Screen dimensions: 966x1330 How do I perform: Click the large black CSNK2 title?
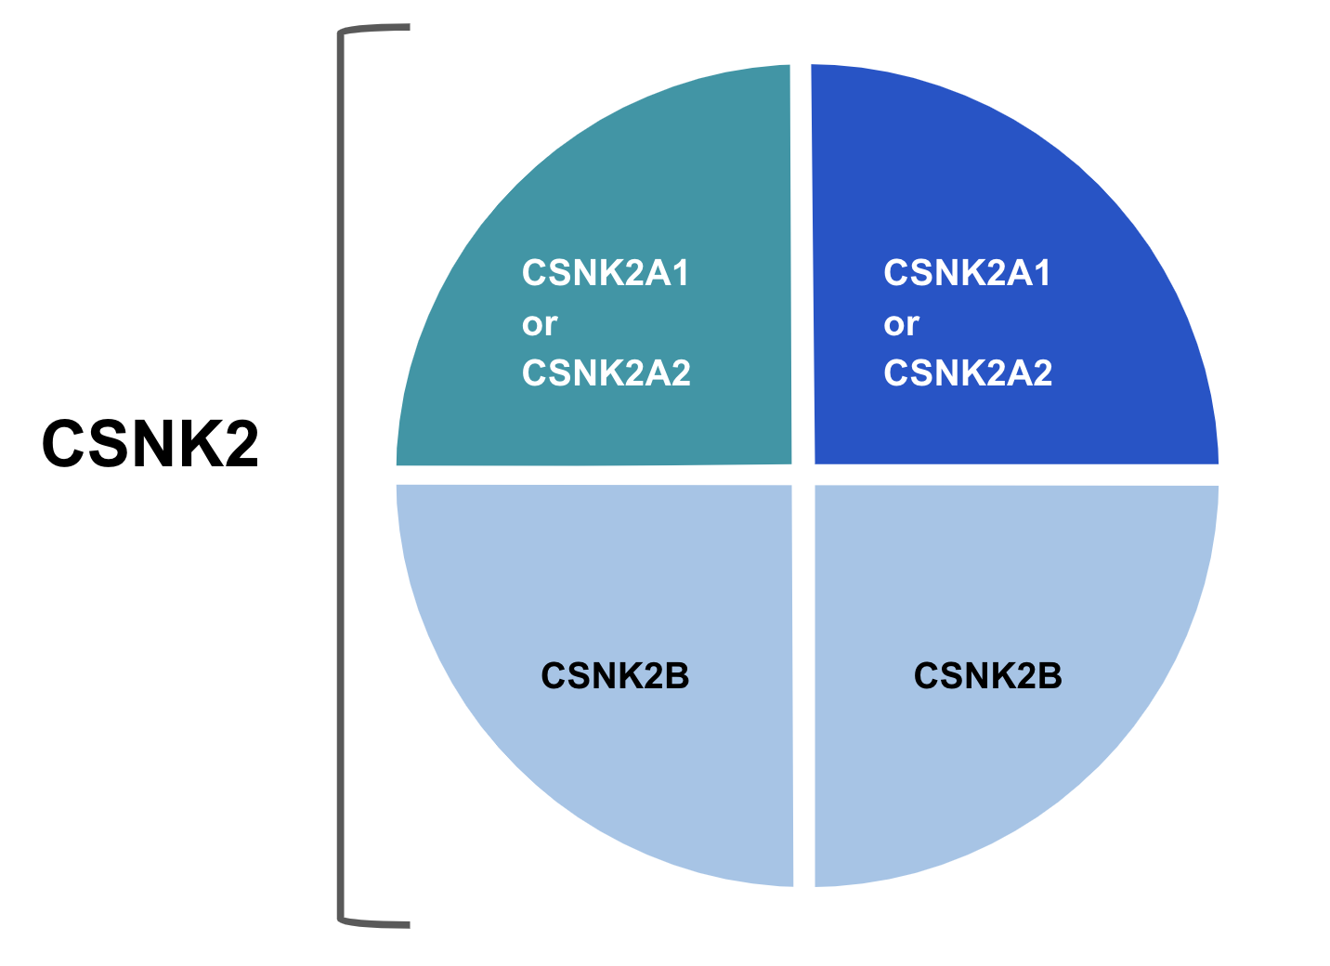[150, 443]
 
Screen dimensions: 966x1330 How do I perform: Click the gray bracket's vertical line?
[341, 474]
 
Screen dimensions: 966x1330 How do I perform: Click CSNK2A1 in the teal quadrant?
[606, 273]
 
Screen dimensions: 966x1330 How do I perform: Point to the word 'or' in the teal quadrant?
[540, 324]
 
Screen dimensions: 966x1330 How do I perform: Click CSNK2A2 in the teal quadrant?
[606, 373]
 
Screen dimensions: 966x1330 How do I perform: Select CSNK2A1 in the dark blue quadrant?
[968, 273]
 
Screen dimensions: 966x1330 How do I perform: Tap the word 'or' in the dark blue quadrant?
[901, 324]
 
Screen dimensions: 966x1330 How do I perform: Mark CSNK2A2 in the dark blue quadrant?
[969, 373]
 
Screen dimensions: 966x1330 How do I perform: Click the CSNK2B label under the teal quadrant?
[615, 676]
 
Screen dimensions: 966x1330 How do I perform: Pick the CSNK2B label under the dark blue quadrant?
[988, 676]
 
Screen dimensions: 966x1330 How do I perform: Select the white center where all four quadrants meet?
[803, 475]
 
